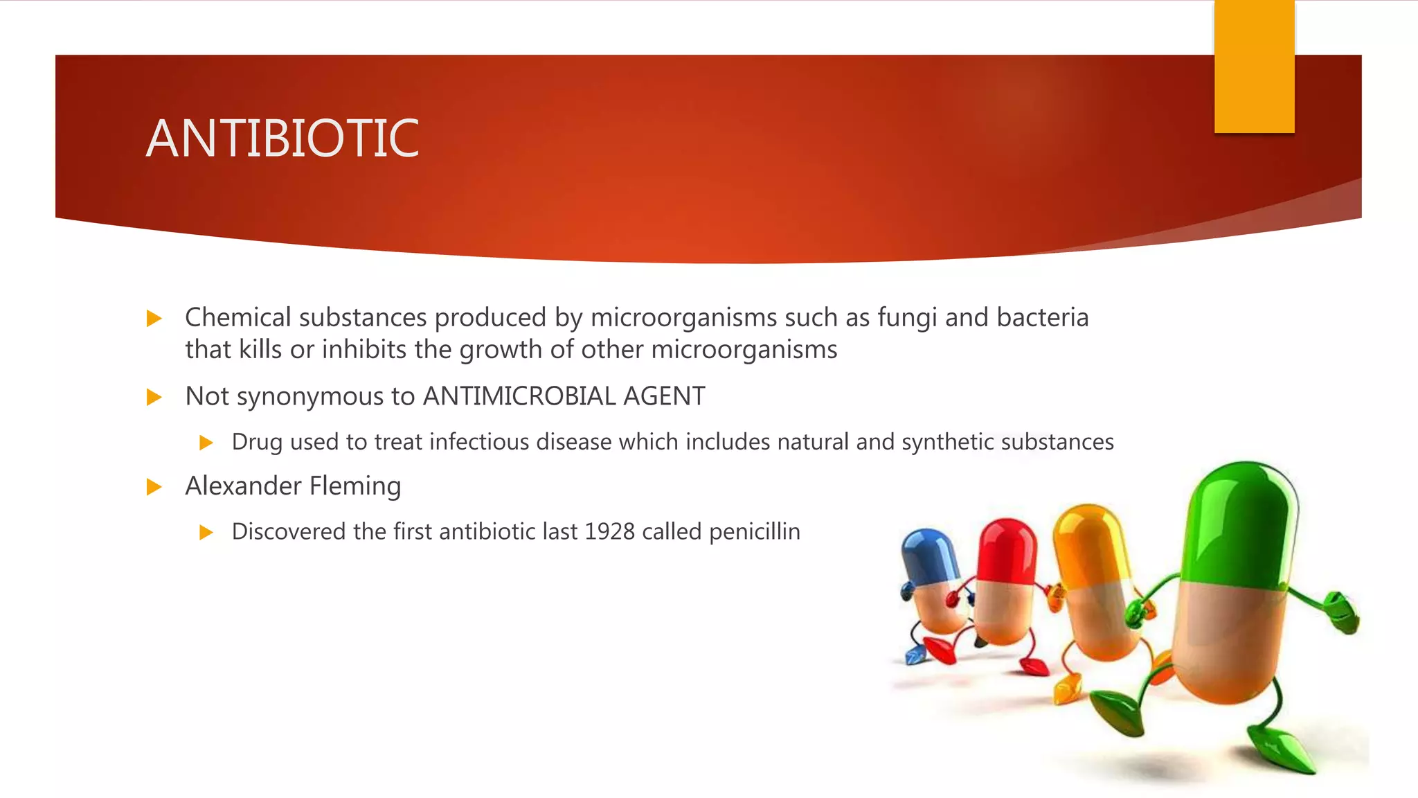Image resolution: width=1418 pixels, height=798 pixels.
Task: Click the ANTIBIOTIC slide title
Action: [282, 139]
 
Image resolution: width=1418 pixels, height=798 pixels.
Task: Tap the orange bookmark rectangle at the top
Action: [1254, 66]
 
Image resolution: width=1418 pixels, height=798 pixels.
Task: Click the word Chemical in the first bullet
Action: [237, 317]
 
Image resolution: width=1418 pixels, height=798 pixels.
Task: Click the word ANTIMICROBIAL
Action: [519, 396]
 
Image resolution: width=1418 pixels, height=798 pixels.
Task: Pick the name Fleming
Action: [354, 486]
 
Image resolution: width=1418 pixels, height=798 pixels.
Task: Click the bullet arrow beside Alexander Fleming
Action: [154, 487]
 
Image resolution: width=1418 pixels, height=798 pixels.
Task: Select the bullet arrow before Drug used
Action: [206, 442]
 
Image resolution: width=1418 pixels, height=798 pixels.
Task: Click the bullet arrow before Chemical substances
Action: [154, 319]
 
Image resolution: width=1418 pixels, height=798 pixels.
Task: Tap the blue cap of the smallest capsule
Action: [928, 554]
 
